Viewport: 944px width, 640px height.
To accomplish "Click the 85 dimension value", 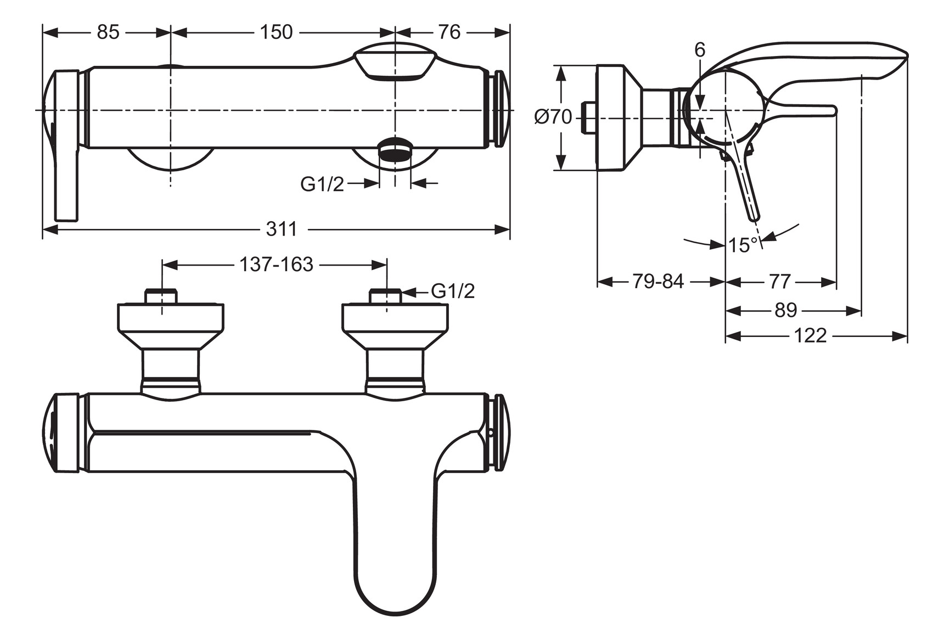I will click(108, 32).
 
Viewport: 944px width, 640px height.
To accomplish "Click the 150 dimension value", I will click(276, 32).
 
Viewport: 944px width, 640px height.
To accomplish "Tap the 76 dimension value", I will click(449, 32).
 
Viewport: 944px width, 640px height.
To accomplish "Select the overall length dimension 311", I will click(281, 229).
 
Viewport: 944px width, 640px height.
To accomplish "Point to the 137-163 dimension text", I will click(276, 265).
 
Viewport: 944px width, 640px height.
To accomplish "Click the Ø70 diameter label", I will click(553, 117).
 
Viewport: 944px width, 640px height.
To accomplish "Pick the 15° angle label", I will click(743, 245).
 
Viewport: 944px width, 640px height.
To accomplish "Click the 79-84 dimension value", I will click(658, 282).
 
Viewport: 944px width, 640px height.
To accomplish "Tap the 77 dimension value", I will click(779, 282).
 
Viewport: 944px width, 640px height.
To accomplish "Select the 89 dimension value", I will click(785, 310).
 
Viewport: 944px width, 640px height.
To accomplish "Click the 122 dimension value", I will click(810, 335).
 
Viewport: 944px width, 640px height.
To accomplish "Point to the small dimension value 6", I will click(700, 50).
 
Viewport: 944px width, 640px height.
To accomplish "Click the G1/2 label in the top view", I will click(322, 184).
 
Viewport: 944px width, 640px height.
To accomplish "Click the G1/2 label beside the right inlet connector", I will click(453, 291).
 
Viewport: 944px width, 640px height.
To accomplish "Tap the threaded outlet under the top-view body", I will click(395, 150).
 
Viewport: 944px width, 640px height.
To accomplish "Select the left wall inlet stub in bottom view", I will click(161, 296).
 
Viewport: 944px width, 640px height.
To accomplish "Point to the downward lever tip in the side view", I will click(755, 214).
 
